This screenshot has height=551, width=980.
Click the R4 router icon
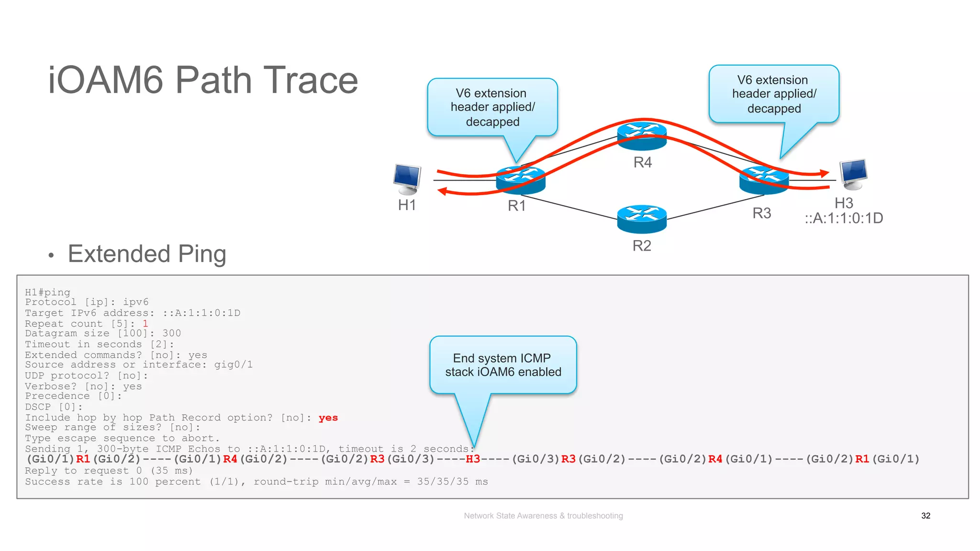(x=642, y=136)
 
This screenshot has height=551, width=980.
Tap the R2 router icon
(x=642, y=219)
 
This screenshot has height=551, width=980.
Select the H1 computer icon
(x=407, y=179)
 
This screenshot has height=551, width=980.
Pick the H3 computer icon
(x=854, y=175)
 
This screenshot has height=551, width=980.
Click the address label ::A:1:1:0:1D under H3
(x=844, y=218)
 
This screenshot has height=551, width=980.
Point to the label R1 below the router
(x=516, y=206)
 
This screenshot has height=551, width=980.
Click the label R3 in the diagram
(x=761, y=213)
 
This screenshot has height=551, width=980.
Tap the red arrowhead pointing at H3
(x=824, y=173)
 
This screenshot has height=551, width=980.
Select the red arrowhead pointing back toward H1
(x=443, y=191)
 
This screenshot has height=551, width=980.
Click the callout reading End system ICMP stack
(x=503, y=365)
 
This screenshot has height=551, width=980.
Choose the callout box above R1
(x=492, y=107)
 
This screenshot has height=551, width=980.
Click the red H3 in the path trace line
(x=473, y=459)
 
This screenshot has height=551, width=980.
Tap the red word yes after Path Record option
(x=328, y=418)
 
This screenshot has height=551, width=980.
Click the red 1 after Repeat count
(x=145, y=324)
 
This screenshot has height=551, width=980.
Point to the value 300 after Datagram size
(x=171, y=333)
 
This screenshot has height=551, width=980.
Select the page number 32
(x=925, y=516)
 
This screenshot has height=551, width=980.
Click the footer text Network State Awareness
(x=543, y=516)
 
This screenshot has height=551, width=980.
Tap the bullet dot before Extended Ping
(x=51, y=255)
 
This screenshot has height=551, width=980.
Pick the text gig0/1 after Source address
(x=233, y=365)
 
